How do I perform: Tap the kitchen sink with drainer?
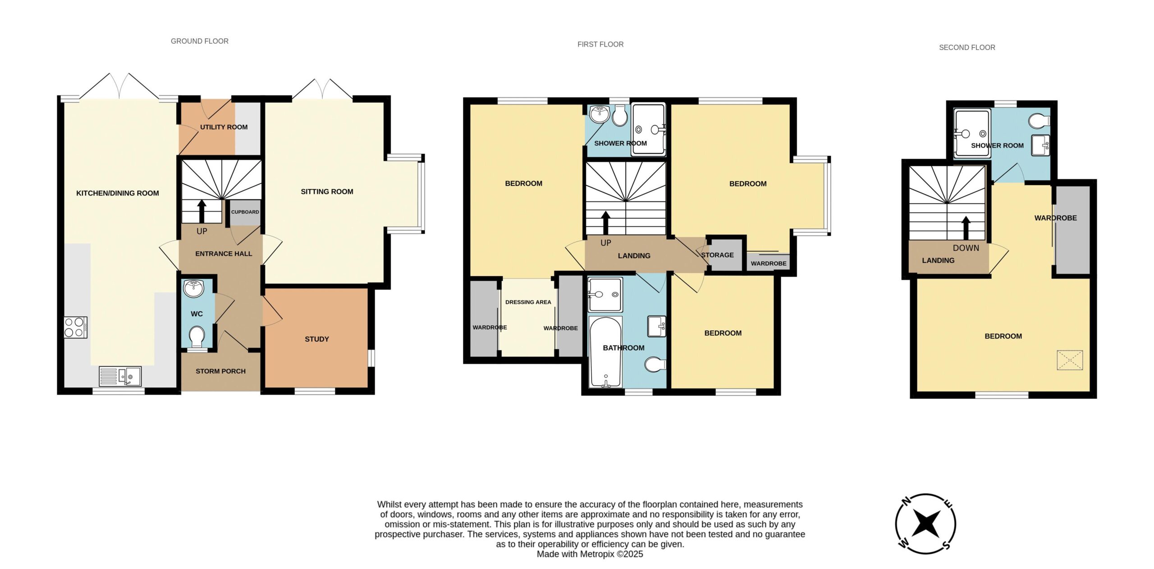coord(120,377)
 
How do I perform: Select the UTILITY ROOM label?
coord(224,127)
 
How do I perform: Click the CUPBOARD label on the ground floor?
coord(245,212)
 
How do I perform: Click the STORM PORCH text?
coord(220,371)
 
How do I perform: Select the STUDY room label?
coord(317,339)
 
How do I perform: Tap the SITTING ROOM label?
coord(327,191)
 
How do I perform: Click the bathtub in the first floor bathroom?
coord(606,352)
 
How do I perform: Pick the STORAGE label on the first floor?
coord(717,255)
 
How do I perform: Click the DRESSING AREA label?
coord(528,302)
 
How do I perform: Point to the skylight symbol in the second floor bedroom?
coord(1070,360)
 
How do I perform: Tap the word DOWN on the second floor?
coord(966,248)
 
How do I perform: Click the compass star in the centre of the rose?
coord(925,523)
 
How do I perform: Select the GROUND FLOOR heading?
coord(200,41)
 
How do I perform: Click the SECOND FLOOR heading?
coord(967,47)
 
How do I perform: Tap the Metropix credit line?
coord(590,554)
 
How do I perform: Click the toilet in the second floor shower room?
coord(1040,121)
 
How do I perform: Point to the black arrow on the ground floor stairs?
coord(201,211)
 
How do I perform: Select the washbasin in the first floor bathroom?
coord(656,326)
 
